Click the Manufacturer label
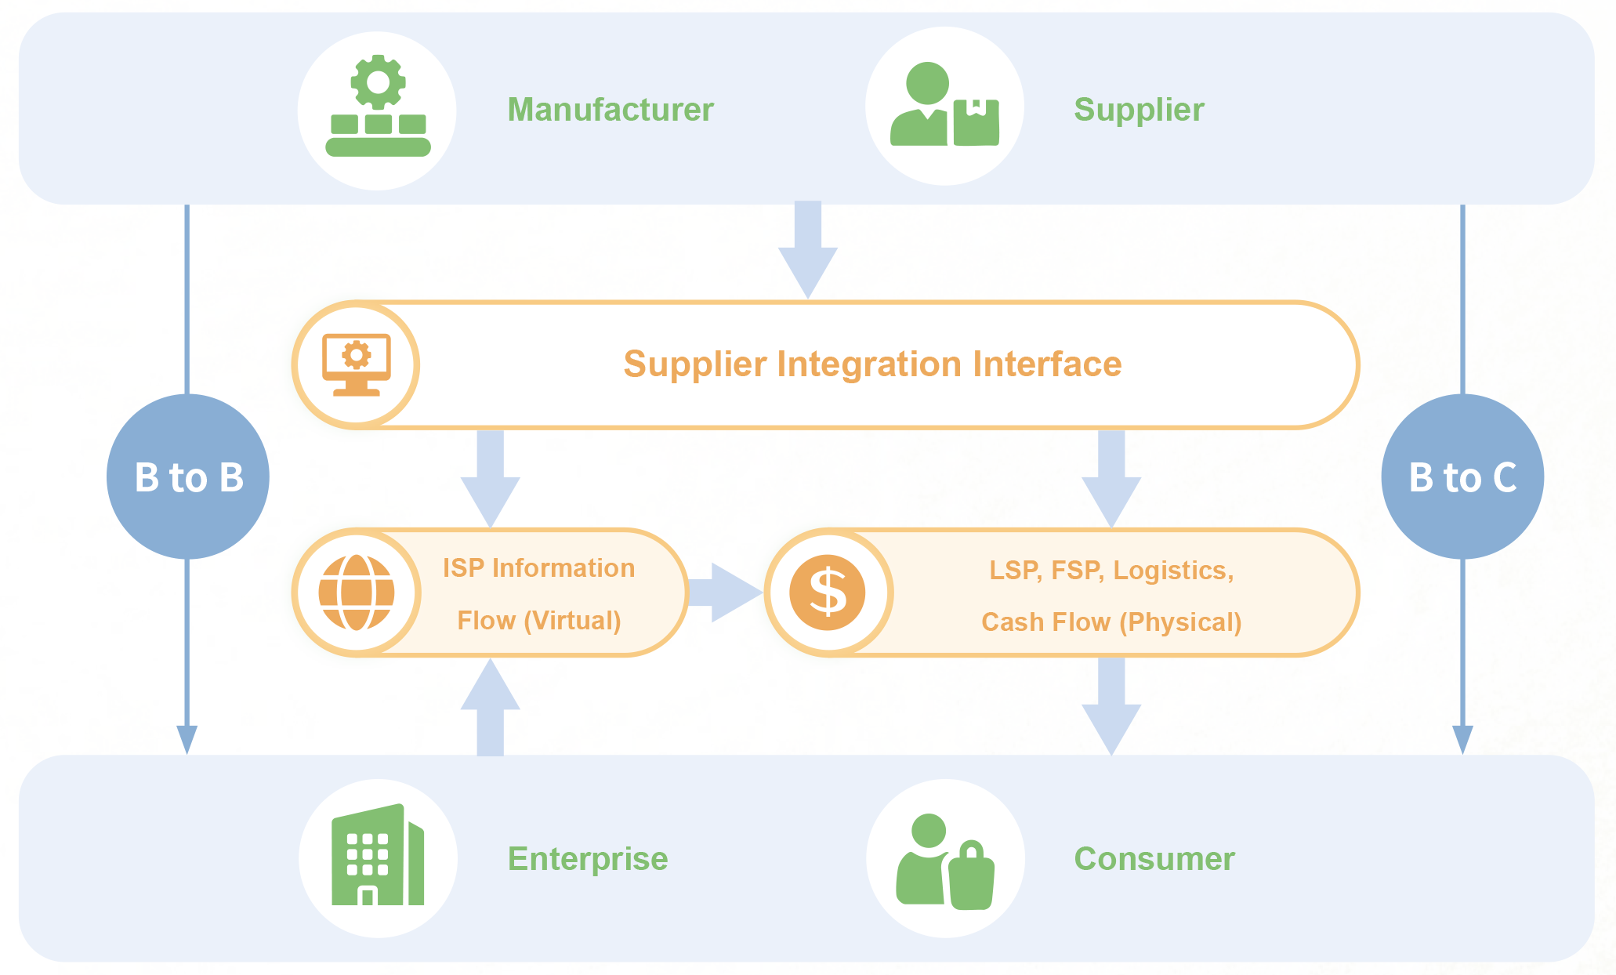click(611, 110)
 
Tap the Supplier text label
click(1139, 110)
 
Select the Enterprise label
click(588, 859)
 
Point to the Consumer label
click(1154, 859)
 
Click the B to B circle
click(188, 477)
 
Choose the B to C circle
click(1462, 477)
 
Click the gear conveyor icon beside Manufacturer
click(378, 106)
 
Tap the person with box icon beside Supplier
click(944, 104)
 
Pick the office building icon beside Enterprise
click(378, 854)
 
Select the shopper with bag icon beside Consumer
click(945, 861)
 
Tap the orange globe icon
click(357, 593)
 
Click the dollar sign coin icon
click(828, 593)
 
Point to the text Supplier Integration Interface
click(872, 364)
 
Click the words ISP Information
click(538, 568)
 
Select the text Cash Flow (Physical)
click(1111, 622)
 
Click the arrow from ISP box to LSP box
click(724, 593)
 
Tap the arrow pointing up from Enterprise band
click(490, 707)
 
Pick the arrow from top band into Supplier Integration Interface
click(808, 250)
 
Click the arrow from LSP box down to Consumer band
click(1111, 706)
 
